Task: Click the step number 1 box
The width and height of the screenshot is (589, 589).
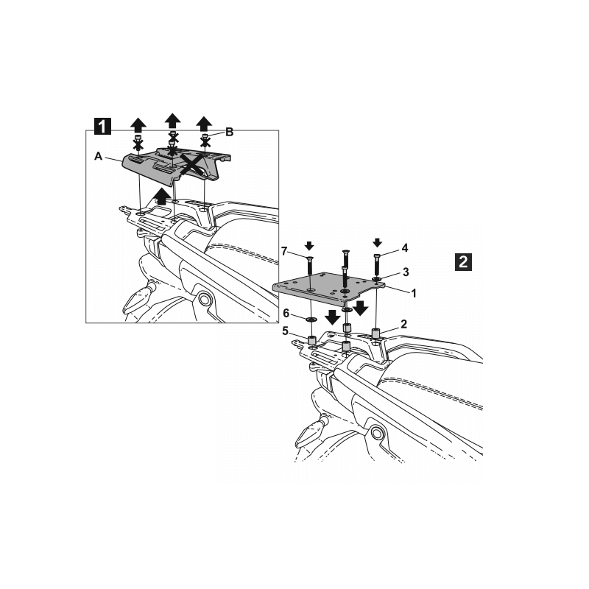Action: click(x=102, y=126)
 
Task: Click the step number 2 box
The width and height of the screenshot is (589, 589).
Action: click(x=463, y=262)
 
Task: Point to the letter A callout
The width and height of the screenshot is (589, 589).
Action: click(x=99, y=156)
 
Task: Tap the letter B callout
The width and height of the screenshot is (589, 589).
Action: click(x=229, y=133)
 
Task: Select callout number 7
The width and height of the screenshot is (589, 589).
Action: click(x=284, y=251)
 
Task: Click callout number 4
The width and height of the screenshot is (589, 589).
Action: click(x=404, y=248)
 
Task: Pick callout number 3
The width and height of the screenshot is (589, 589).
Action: click(x=406, y=272)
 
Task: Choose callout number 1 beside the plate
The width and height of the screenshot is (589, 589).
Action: click(x=414, y=293)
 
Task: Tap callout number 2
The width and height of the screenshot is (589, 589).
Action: click(x=403, y=324)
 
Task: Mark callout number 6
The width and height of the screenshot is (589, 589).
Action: click(x=286, y=313)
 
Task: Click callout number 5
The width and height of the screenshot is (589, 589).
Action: click(x=286, y=331)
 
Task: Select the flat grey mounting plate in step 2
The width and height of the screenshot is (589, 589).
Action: click(x=328, y=286)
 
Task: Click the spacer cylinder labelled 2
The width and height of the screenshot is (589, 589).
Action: click(x=375, y=334)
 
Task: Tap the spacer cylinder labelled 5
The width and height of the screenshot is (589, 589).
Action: click(x=311, y=341)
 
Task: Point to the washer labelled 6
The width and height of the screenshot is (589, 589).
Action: click(x=311, y=320)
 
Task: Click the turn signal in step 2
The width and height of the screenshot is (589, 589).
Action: click(x=310, y=434)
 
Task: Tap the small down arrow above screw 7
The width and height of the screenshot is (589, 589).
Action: click(x=309, y=246)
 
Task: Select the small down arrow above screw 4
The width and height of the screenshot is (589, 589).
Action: click(x=378, y=243)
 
